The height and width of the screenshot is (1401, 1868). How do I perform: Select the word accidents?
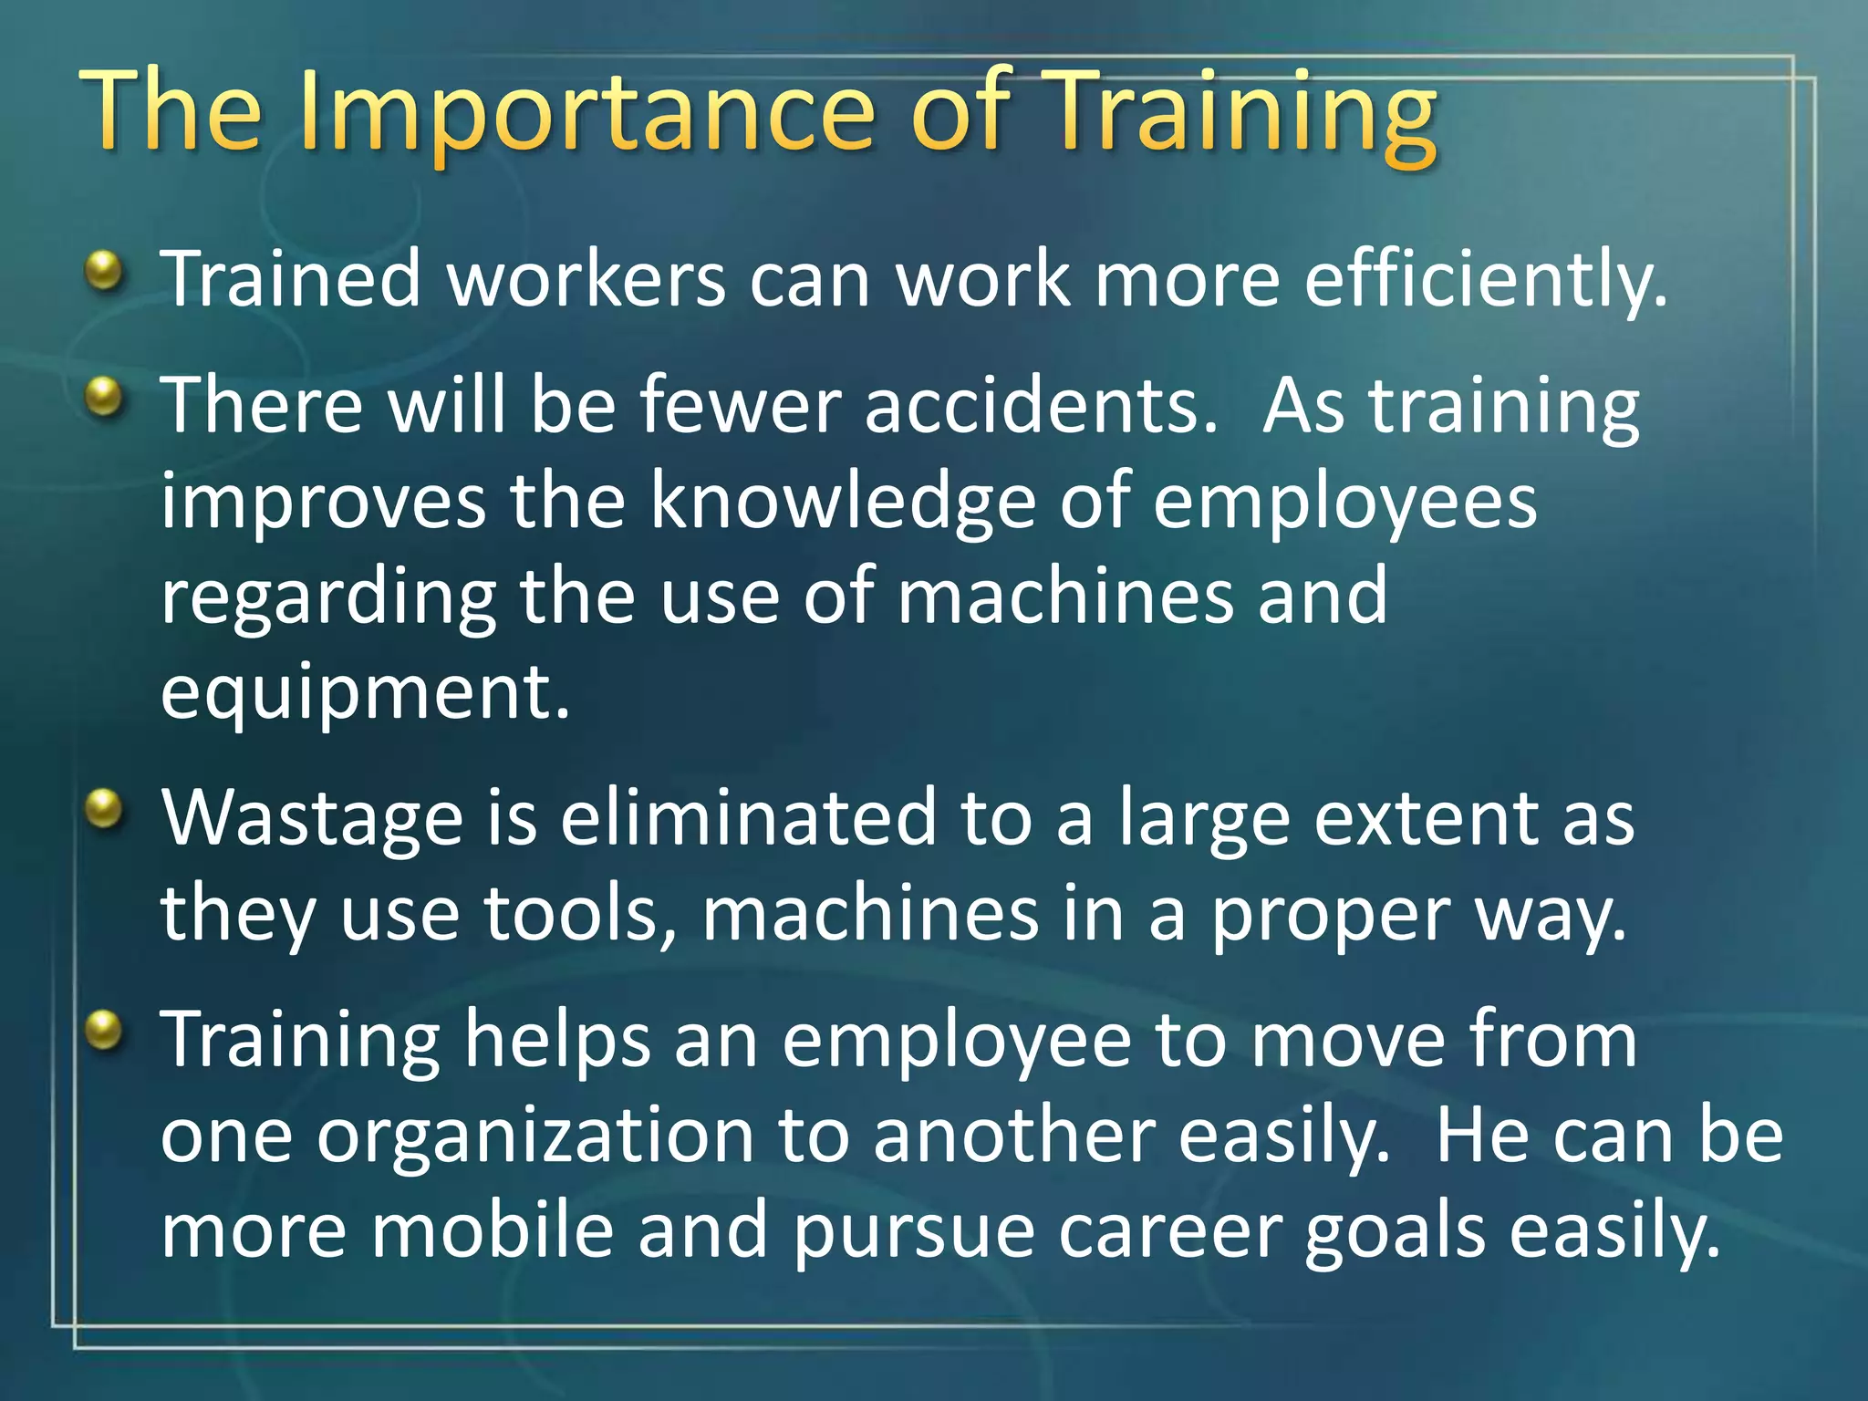[x=1040, y=405]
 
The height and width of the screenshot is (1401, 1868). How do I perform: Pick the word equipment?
[x=365, y=693]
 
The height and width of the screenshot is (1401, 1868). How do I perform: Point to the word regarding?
[x=328, y=597]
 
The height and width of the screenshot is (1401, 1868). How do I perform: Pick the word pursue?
[x=913, y=1231]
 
